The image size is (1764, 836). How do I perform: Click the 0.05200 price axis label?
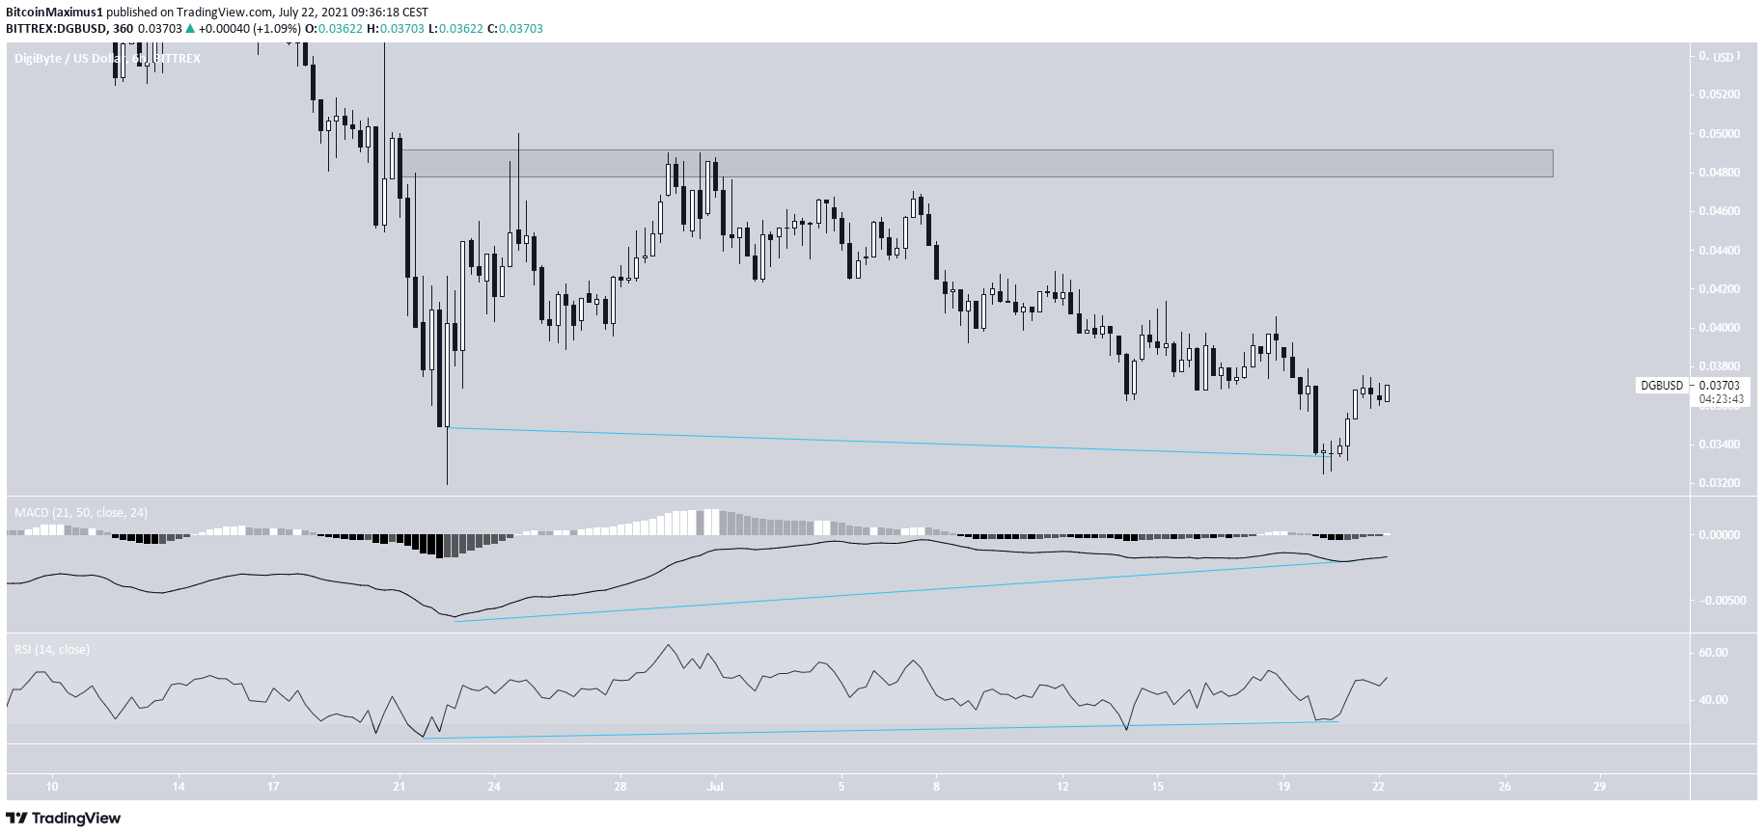(x=1719, y=94)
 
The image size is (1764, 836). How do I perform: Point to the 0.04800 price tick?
(x=1719, y=173)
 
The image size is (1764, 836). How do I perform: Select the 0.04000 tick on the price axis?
(x=1719, y=328)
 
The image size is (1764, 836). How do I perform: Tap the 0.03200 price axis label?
(x=1719, y=483)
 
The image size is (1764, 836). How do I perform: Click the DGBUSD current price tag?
(x=1662, y=386)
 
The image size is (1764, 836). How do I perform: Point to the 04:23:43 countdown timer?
(x=1721, y=399)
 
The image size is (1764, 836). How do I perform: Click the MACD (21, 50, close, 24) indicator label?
(x=81, y=513)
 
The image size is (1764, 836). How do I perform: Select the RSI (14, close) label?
(x=52, y=650)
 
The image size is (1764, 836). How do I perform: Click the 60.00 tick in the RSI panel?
(x=1714, y=653)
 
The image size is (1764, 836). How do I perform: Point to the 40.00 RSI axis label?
(x=1714, y=700)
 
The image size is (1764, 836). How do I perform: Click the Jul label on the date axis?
(x=715, y=787)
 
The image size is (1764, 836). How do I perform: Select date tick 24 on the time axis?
(x=494, y=787)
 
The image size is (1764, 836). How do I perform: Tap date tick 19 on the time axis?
(x=1283, y=787)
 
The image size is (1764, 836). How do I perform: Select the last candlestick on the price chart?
(x=1387, y=393)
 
